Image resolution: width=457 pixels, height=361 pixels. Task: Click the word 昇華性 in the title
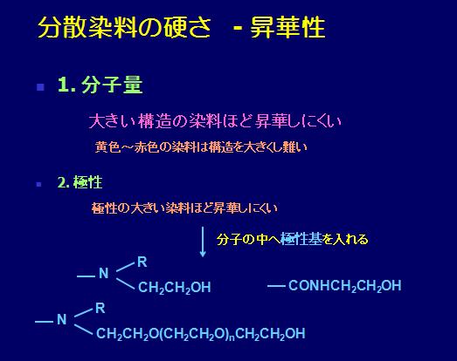(x=287, y=27)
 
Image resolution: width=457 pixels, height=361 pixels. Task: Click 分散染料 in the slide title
(x=87, y=27)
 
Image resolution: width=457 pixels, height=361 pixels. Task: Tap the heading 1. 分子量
(x=100, y=85)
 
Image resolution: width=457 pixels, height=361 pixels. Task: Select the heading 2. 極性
(x=80, y=183)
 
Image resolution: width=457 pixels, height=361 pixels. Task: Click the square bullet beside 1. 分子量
(x=40, y=87)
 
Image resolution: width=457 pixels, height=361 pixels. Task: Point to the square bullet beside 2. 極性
(x=39, y=185)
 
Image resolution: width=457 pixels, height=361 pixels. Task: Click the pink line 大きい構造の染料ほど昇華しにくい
(x=215, y=121)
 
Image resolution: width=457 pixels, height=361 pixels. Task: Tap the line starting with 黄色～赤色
(x=201, y=147)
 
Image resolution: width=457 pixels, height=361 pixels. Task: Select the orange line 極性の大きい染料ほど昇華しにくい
(x=184, y=208)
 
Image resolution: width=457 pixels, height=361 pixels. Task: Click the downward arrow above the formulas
(x=203, y=242)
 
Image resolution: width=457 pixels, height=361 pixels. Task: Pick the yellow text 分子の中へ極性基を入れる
(x=293, y=240)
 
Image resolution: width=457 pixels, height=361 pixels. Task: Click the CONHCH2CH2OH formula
(x=345, y=286)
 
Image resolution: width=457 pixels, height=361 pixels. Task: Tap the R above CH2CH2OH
(x=142, y=262)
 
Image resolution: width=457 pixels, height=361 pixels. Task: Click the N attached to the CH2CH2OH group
(x=104, y=273)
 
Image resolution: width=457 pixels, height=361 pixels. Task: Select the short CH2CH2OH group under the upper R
(x=174, y=288)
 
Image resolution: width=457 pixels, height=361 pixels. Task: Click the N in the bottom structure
(x=61, y=319)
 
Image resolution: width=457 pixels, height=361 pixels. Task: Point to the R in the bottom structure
(x=100, y=308)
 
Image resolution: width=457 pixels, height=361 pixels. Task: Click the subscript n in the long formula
(x=232, y=337)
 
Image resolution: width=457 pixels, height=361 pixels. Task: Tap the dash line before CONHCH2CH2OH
(x=276, y=287)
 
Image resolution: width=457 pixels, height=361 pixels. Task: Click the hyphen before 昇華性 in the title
(x=238, y=29)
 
